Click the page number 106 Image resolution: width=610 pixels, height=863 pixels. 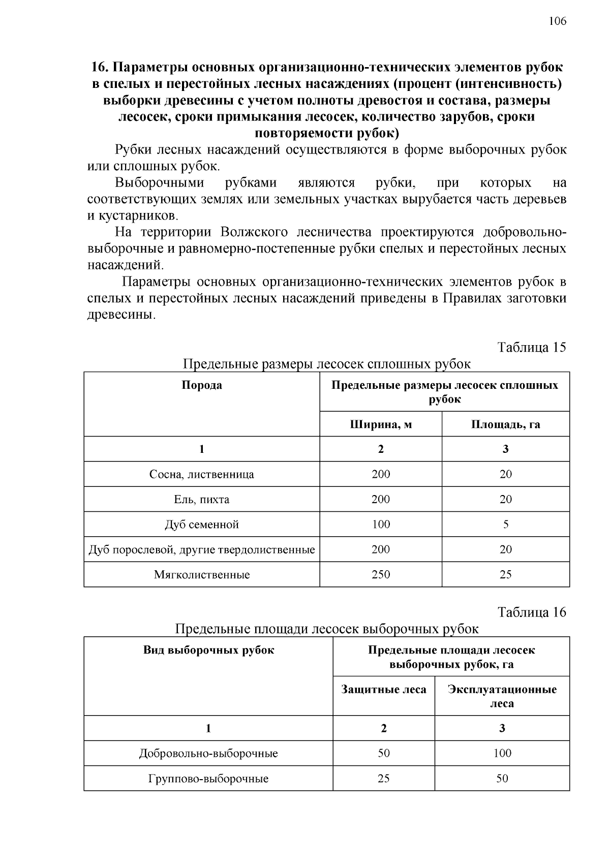pos(557,21)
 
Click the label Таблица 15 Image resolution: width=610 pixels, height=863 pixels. pos(531,347)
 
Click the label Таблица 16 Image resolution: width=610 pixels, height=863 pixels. pos(531,612)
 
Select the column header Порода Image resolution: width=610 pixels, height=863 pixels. pos(202,385)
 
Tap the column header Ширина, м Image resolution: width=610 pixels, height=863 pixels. pos(381,424)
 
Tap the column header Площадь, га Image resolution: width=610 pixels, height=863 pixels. pos(505,424)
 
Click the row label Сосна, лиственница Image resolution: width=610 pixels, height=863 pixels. pos(202,474)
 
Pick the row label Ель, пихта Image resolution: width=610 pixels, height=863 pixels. pos(202,499)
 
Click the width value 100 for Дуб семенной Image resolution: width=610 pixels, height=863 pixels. pos(381,524)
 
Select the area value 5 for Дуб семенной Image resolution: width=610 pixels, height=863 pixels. pos(505,524)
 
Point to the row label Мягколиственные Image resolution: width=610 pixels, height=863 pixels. pos(202,575)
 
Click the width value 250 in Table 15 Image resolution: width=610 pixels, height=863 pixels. pos(381,575)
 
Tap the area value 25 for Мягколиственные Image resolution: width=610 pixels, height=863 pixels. pos(505,575)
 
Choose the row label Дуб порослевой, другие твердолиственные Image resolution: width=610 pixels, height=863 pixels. pos(202,549)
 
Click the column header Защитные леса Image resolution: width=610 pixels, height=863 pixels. pos(384,690)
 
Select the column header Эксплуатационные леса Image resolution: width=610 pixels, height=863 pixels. pos(502,696)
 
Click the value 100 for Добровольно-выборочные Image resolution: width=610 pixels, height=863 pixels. pos(502,753)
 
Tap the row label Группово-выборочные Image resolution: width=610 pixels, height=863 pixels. pos(208,779)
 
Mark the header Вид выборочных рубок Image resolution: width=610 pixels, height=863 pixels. pos(208,650)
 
